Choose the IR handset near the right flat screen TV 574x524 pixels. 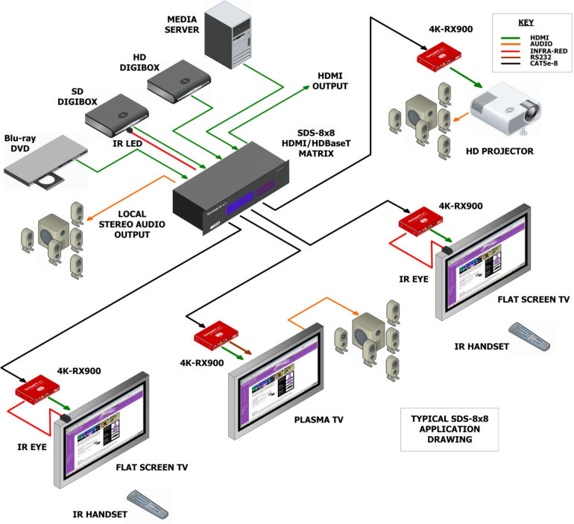(x=529, y=336)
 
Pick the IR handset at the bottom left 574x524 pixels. (x=148, y=503)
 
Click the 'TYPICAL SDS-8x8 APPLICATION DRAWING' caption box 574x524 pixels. (x=438, y=429)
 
